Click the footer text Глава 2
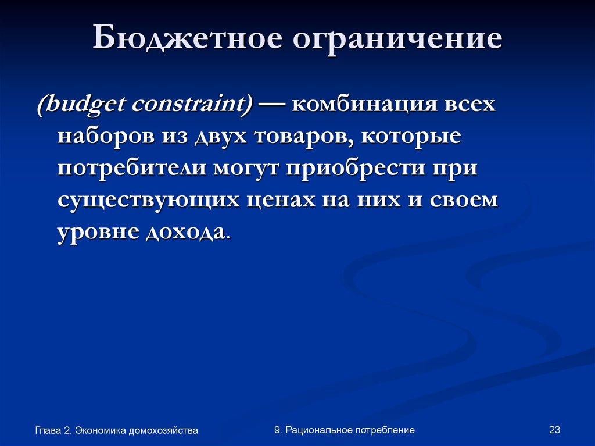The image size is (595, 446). click(53, 430)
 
